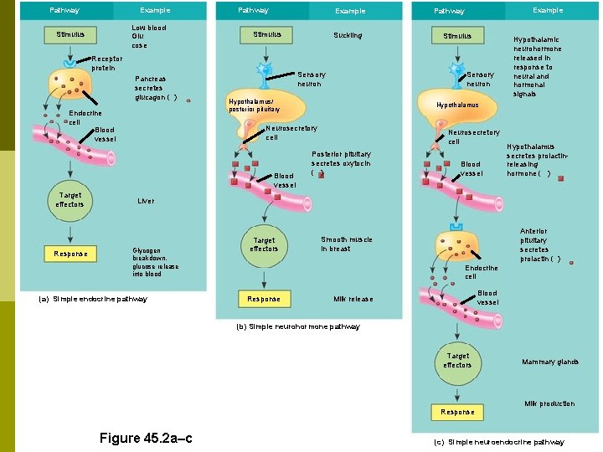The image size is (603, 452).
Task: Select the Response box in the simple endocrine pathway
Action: click(70, 254)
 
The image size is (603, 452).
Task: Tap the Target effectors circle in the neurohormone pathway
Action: click(264, 244)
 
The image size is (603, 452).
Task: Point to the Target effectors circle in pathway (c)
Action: click(457, 361)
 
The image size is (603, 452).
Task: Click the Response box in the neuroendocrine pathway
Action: click(457, 412)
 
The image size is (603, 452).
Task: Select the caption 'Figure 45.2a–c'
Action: click(146, 438)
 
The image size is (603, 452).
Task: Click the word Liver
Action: click(146, 201)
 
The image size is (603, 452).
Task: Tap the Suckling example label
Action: click(348, 35)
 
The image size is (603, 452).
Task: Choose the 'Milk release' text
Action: click(353, 299)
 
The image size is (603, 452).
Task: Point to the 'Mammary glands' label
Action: click(549, 362)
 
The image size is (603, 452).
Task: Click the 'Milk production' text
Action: click(549, 403)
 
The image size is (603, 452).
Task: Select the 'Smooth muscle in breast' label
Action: click(346, 244)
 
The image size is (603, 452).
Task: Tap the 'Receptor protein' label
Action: click(106, 64)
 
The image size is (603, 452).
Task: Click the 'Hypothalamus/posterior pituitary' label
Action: click(254, 105)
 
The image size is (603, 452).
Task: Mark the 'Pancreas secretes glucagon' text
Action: click(154, 88)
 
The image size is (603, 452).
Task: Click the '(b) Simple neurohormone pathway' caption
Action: click(298, 326)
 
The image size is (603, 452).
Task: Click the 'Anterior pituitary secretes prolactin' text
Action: click(535, 244)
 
